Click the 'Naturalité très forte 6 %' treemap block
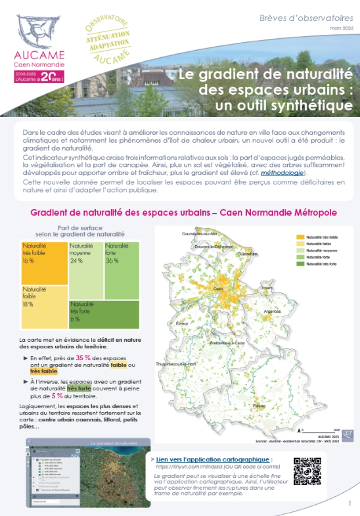(104, 314)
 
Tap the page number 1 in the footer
(349, 503)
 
